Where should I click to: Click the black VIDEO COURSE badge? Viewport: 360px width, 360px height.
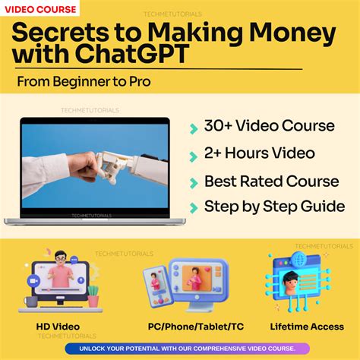click(x=43, y=10)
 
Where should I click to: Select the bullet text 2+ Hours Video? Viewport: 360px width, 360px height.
click(x=260, y=153)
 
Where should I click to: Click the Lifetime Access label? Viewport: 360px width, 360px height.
click(x=308, y=327)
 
